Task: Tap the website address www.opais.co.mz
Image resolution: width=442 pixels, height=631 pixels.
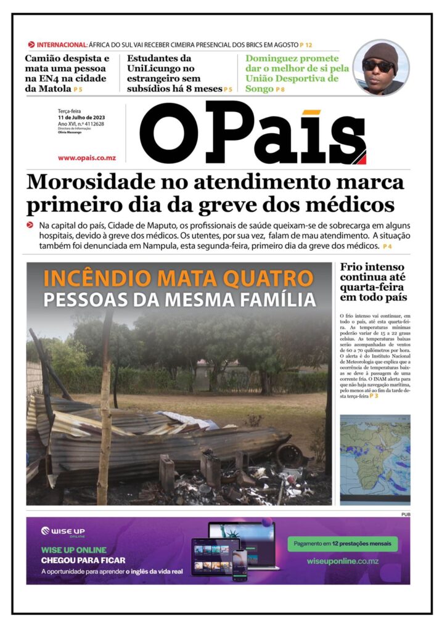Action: [87, 158]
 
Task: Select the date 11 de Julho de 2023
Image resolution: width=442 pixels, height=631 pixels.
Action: [81, 117]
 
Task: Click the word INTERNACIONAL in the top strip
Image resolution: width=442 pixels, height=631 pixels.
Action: [62, 45]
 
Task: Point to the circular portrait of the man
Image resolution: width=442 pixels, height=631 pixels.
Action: [380, 67]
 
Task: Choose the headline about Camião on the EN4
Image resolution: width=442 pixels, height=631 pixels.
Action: [67, 73]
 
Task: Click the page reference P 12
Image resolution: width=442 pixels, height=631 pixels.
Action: [306, 45]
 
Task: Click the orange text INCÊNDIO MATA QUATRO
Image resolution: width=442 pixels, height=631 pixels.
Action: [178, 279]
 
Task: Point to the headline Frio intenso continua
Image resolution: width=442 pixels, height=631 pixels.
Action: [373, 282]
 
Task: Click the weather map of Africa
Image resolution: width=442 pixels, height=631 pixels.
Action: [375, 459]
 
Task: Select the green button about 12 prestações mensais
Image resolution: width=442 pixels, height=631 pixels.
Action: [342, 544]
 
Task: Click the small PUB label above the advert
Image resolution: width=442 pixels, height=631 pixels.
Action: [405, 514]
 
